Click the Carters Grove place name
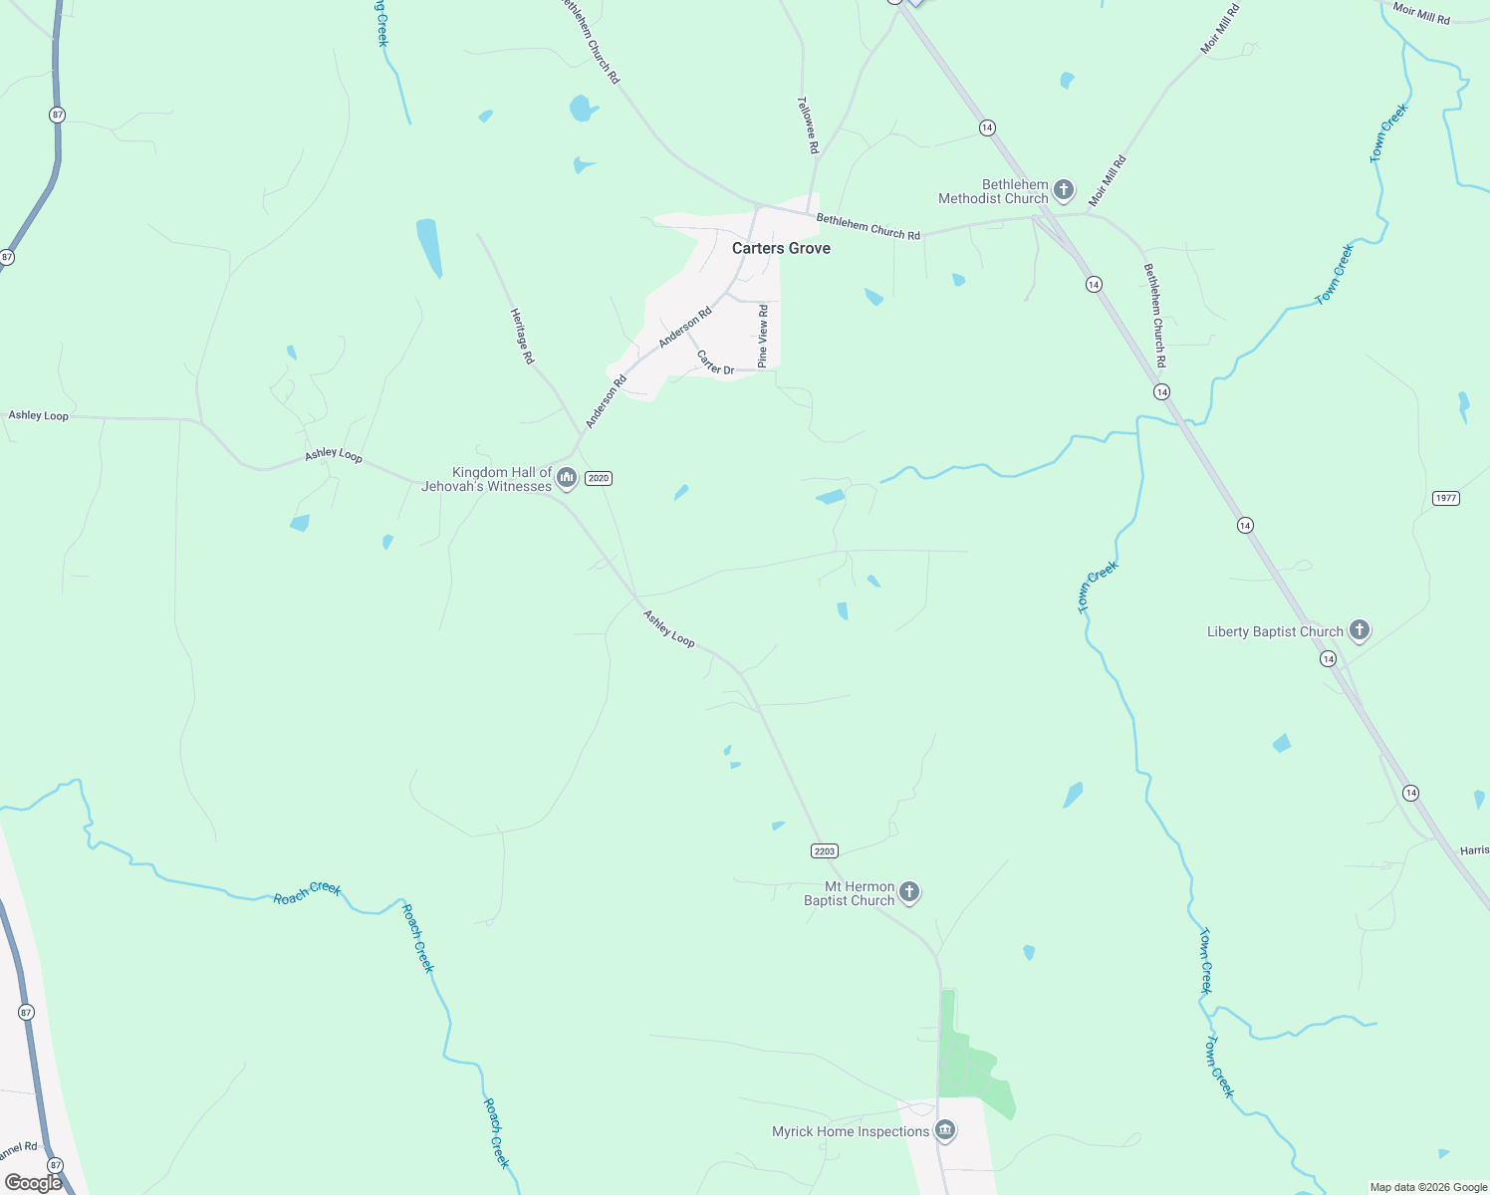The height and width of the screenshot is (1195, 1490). (781, 248)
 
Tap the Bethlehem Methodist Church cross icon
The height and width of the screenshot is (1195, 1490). (1064, 189)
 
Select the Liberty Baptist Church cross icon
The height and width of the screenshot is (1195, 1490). (1360, 629)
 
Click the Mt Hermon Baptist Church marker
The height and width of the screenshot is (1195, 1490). (909, 891)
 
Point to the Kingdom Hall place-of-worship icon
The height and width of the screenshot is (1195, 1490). (567, 478)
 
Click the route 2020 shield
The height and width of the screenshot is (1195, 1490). (598, 478)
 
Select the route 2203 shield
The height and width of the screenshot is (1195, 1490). (825, 850)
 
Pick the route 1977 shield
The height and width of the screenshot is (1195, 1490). (1446, 498)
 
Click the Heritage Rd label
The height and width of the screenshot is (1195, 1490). (522, 336)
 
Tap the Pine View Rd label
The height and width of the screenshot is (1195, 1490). (763, 337)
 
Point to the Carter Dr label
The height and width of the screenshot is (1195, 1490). (715, 362)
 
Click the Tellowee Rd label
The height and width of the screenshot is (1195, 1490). (808, 124)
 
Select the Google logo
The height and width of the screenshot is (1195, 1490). (33, 1182)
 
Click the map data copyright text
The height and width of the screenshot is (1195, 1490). (1428, 1187)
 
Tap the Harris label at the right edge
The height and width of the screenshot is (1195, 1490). (1474, 850)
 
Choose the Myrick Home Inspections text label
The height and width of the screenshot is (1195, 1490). (851, 1131)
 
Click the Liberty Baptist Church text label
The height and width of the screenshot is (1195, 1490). (1275, 631)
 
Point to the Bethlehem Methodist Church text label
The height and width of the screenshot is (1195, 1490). (994, 191)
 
